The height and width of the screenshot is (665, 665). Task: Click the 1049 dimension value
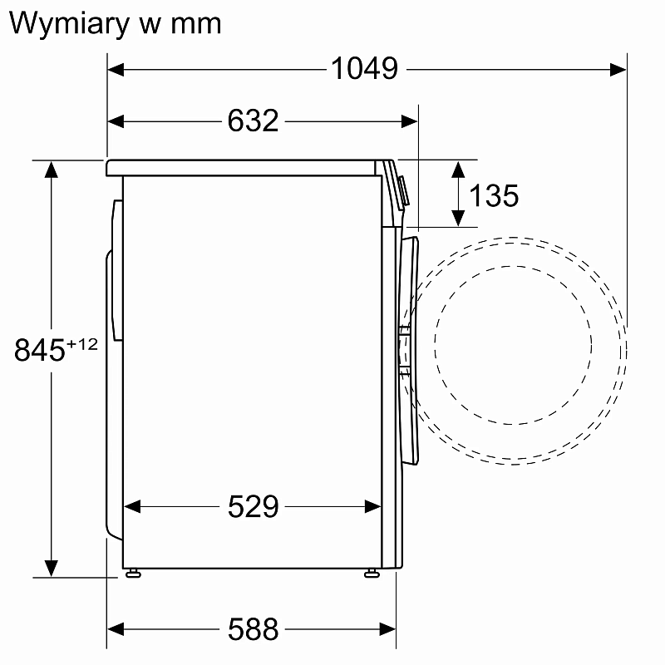coord(364,69)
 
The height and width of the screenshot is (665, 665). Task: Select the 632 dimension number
coord(253,121)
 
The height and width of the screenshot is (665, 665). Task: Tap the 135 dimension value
coord(494,196)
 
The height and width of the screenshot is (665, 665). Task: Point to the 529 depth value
coord(253,506)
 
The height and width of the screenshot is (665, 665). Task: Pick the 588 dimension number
coord(253,629)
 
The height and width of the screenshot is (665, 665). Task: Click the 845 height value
coord(40,351)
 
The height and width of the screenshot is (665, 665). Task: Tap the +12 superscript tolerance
coord(82,343)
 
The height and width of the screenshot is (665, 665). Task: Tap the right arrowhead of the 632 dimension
coord(409,121)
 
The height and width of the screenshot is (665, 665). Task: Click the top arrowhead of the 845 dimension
coord(52,169)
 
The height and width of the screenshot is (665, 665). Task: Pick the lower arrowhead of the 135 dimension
coord(457,218)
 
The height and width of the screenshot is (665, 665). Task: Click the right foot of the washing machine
coord(371,573)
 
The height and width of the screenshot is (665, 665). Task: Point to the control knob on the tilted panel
coord(404,191)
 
